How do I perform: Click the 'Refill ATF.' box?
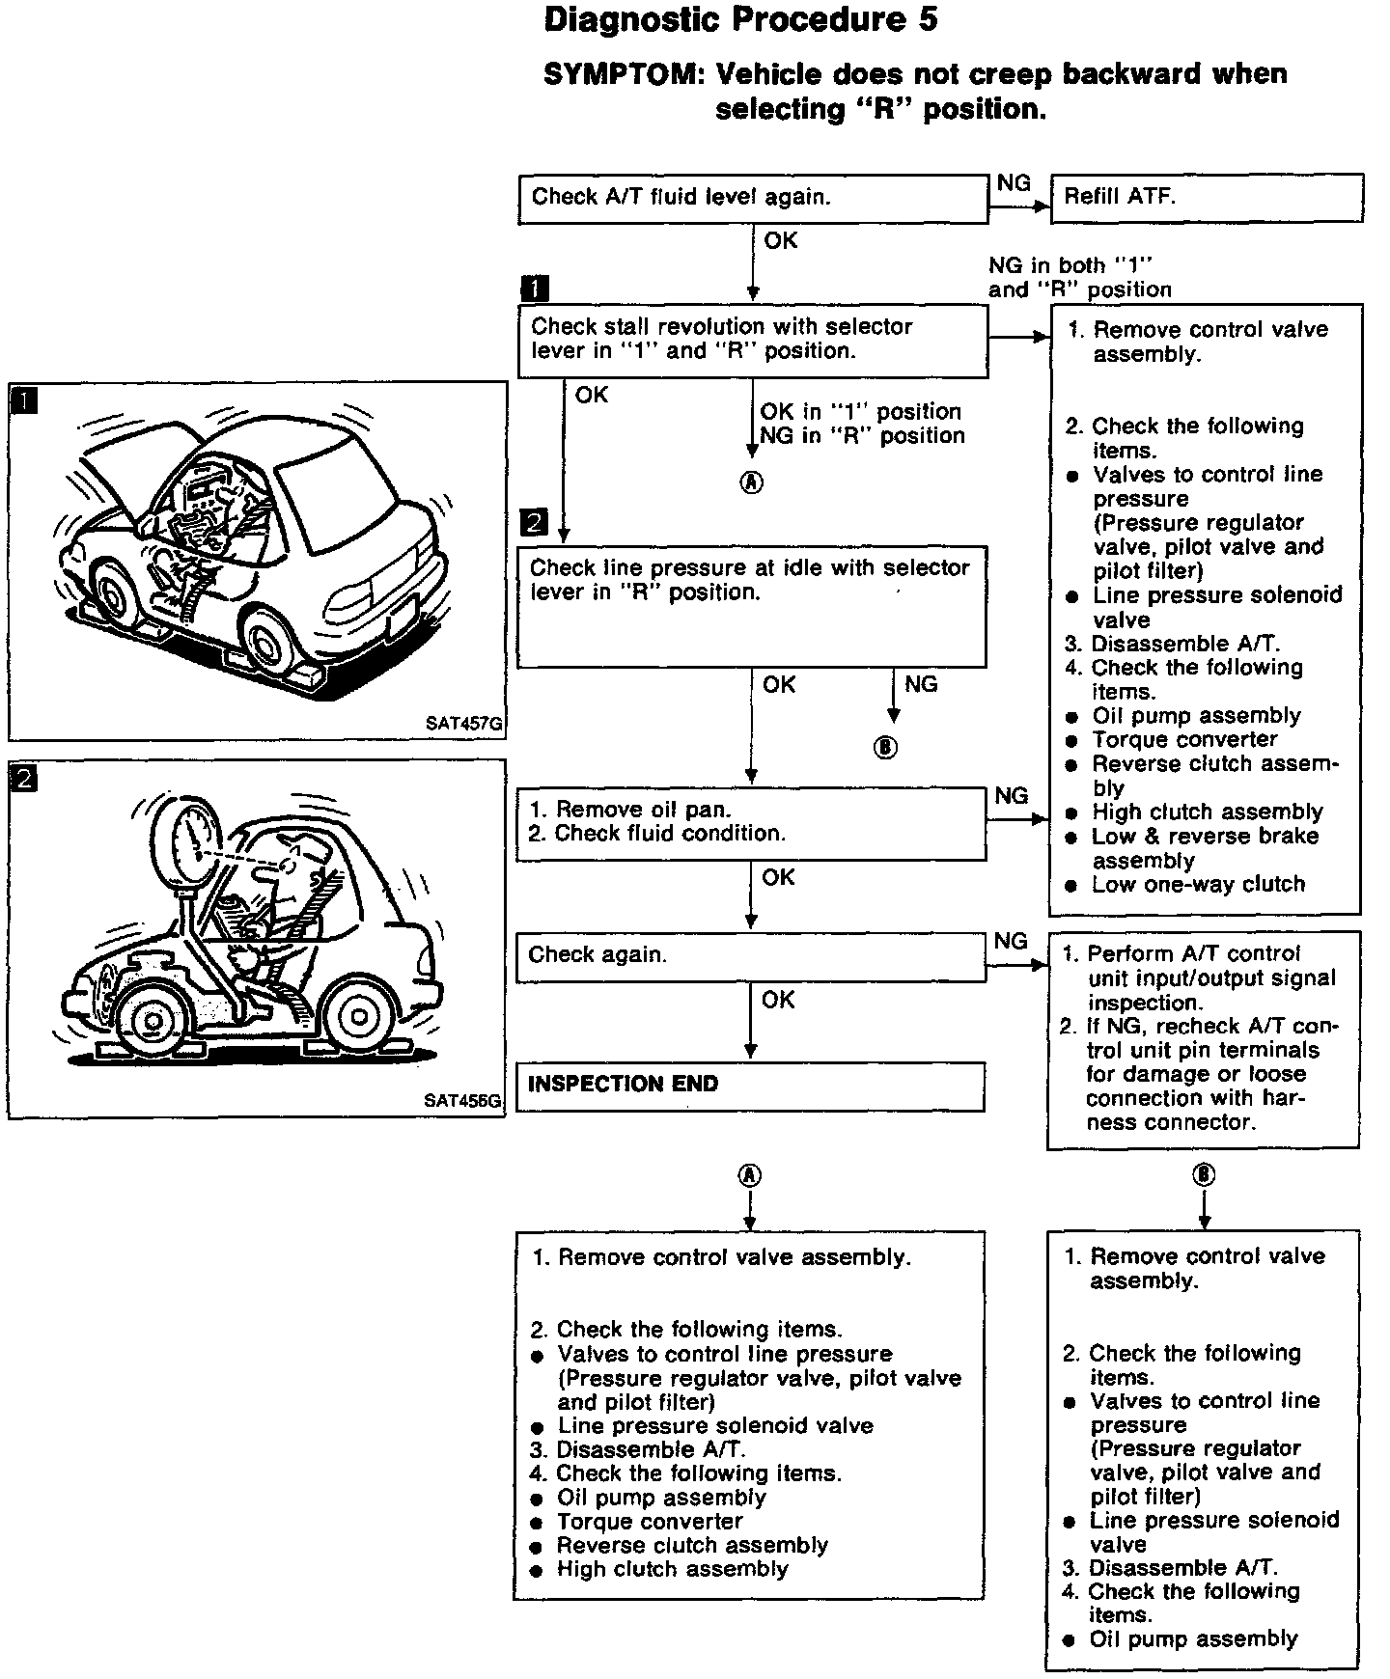1207,198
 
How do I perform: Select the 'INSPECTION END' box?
750,1086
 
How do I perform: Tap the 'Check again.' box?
750,956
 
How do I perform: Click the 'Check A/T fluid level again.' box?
752,199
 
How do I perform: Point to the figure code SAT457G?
464,724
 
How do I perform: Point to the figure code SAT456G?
463,1101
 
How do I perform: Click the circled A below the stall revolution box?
751,483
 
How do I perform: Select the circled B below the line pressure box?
885,748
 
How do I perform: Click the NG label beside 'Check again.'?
1011,941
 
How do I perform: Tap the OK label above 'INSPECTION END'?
778,1001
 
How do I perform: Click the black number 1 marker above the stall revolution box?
534,289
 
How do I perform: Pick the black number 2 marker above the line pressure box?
533,523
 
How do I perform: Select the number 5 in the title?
927,20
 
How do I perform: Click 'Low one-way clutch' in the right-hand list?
1197,885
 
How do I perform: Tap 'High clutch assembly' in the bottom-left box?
672,1570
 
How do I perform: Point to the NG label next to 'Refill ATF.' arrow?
1014,183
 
